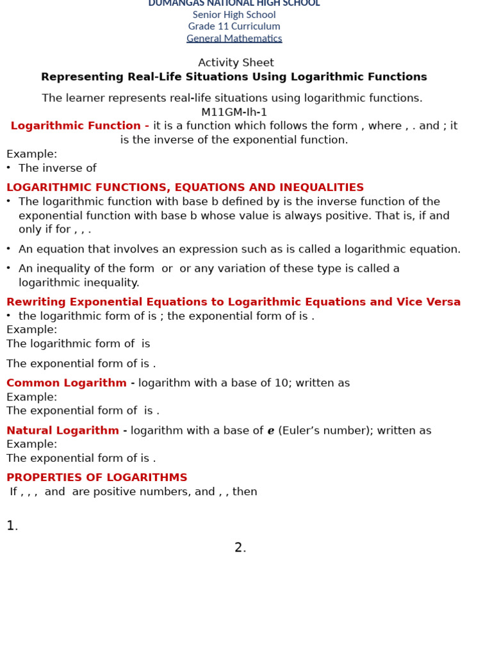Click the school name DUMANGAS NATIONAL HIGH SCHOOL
pos(234,3)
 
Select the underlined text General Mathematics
pos(234,38)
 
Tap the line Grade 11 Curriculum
pos(234,26)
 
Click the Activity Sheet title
pos(236,63)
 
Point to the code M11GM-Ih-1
pos(234,112)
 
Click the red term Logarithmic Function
pos(76,126)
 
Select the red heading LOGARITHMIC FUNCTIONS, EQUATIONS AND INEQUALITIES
pos(185,188)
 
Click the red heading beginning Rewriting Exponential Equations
pos(233,302)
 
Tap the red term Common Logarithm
pos(67,383)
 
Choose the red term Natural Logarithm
pos(63,430)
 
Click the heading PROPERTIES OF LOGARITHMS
pos(97,478)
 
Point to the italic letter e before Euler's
pos(271,431)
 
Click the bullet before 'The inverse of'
pos(8,168)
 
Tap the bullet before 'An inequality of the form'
pos(8,268)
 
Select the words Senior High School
pos(234,15)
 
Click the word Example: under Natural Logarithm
pos(31,444)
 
